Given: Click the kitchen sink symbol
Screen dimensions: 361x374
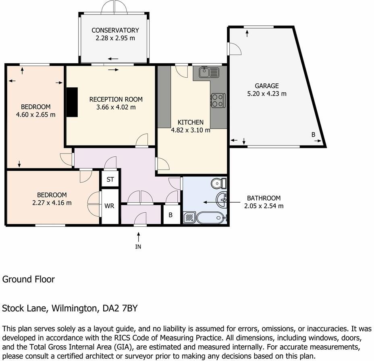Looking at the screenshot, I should [x=209, y=73].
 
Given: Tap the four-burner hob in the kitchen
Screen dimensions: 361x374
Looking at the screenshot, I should [x=218, y=100].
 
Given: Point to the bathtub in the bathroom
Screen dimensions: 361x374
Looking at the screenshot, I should [x=210, y=218].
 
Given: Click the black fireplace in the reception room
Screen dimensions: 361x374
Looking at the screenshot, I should [x=72, y=102].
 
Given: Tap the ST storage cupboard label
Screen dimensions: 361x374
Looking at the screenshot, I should [x=110, y=179].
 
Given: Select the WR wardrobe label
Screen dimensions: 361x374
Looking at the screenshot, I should [x=110, y=206].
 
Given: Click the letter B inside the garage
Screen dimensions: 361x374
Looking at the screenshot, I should [x=313, y=135].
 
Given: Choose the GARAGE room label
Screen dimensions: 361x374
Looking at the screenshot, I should [x=266, y=86].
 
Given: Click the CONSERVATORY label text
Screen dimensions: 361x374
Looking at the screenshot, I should [x=115, y=30].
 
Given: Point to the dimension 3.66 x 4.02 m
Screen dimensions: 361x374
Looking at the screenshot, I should [x=116, y=107].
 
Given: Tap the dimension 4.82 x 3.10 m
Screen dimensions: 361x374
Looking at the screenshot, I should [x=191, y=130].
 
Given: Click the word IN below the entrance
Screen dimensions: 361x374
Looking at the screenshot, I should [x=138, y=247].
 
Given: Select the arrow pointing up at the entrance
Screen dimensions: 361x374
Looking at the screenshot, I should [x=138, y=235].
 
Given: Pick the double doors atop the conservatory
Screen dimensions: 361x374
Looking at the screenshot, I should [x=114, y=7].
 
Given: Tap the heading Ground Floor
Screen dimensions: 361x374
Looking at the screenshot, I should [x=29, y=279].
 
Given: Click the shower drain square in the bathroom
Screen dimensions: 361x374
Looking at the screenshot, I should [x=189, y=218].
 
